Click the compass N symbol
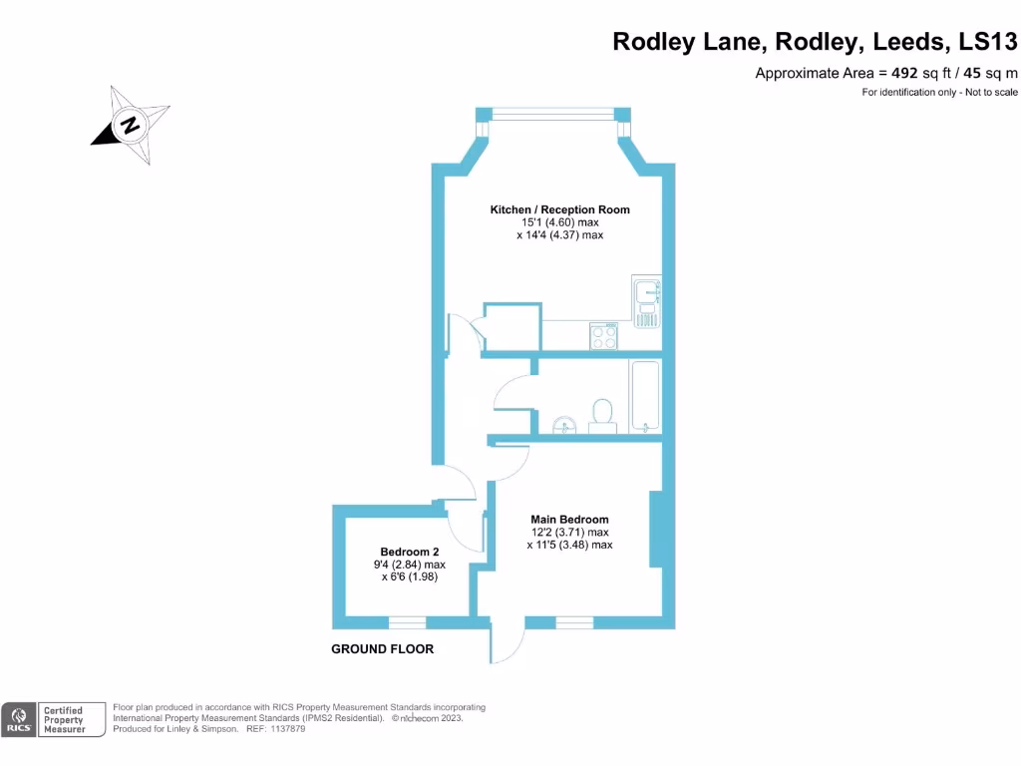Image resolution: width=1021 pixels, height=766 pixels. pyautogui.click(x=130, y=126)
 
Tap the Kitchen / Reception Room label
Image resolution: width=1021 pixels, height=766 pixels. pyautogui.click(x=559, y=209)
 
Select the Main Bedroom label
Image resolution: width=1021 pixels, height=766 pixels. pyautogui.click(x=569, y=520)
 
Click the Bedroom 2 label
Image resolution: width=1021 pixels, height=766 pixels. pyautogui.click(x=409, y=552)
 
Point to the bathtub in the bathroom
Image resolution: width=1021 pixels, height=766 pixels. pyautogui.click(x=644, y=395)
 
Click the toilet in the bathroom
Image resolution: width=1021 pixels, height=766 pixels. pyautogui.click(x=602, y=414)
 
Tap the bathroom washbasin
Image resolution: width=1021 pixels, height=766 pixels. pyautogui.click(x=565, y=427)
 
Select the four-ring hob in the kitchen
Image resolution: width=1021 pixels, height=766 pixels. pyautogui.click(x=603, y=336)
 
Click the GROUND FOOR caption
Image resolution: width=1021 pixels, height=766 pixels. pyautogui.click(x=382, y=649)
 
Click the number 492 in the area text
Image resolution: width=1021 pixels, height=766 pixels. pyautogui.click(x=905, y=73)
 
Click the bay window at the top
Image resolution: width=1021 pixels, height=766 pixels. pyautogui.click(x=552, y=114)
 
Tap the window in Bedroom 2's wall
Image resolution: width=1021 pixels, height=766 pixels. pyautogui.click(x=406, y=623)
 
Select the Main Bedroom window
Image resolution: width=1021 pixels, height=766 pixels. pyautogui.click(x=574, y=623)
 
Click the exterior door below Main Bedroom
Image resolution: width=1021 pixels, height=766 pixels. pyautogui.click(x=506, y=643)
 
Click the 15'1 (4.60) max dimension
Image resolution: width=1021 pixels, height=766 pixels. pyautogui.click(x=559, y=222)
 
